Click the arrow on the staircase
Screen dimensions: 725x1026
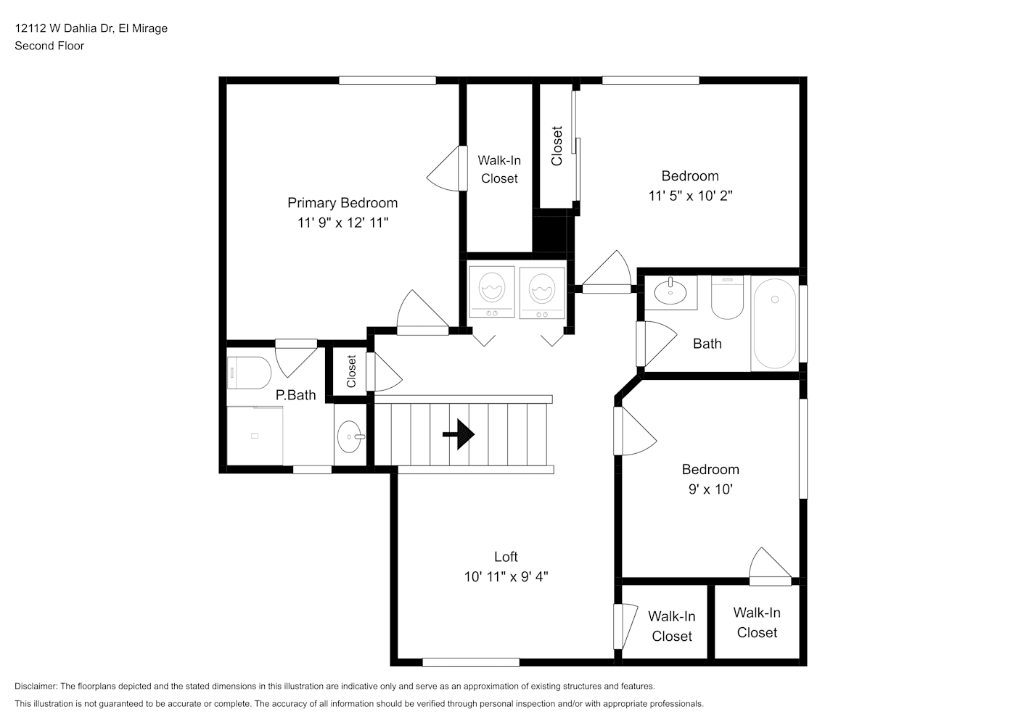[459, 435]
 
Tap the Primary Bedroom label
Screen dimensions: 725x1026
[342, 203]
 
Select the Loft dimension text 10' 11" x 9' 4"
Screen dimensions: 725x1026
[506, 577]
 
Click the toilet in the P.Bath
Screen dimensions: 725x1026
[249, 373]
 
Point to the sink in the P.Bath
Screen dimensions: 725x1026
[350, 436]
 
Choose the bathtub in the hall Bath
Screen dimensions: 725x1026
[774, 323]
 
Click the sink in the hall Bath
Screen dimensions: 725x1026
[670, 292]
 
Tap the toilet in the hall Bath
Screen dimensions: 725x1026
[727, 297]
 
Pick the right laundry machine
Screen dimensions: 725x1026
[542, 292]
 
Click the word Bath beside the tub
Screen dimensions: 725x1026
[707, 344]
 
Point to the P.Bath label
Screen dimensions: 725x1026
[295, 395]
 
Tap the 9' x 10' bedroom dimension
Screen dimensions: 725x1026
[710, 489]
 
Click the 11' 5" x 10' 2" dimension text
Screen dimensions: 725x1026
[690, 196]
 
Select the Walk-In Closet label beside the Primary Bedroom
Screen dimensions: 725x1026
[499, 170]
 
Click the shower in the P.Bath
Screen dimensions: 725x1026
[255, 435]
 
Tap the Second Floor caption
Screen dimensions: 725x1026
[49, 46]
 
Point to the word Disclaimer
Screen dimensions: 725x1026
[36, 686]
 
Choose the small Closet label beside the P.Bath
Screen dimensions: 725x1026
[351, 371]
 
